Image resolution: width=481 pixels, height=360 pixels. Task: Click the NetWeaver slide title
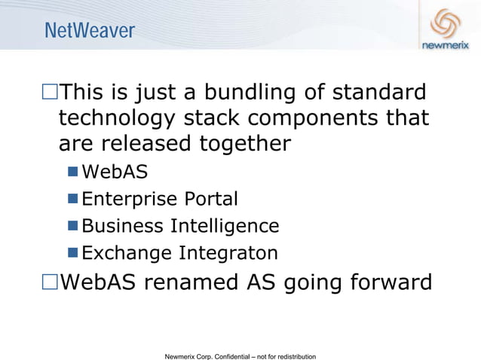[89, 31]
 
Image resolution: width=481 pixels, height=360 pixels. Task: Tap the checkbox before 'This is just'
[50, 94]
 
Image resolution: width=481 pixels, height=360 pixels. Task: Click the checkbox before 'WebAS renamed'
[50, 282]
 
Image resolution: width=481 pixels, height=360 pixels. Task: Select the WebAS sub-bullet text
[115, 172]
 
